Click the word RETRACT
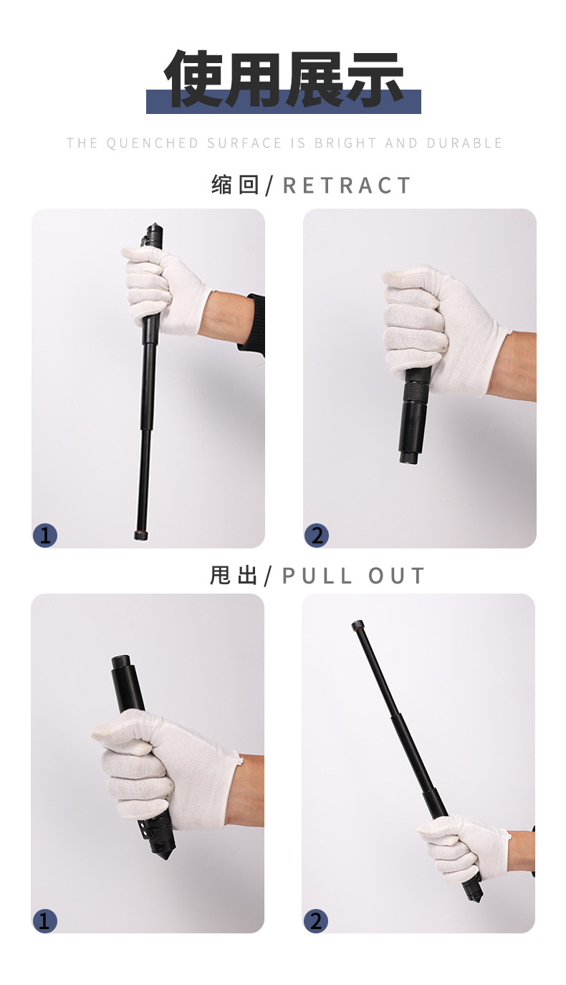pyautogui.click(x=347, y=185)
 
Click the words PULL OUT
pyautogui.click(x=353, y=576)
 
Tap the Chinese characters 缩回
pyautogui.click(x=235, y=185)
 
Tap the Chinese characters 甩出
pyautogui.click(x=234, y=575)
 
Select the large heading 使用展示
pyautogui.click(x=284, y=79)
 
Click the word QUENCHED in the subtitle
pyautogui.click(x=153, y=143)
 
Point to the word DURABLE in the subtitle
pyautogui.click(x=464, y=143)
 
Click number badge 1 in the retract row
pyautogui.click(x=45, y=536)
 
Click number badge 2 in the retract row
pyautogui.click(x=317, y=536)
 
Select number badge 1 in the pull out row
pyautogui.click(x=45, y=921)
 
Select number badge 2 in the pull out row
pyautogui.click(x=316, y=921)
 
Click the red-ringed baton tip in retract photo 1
pyautogui.click(x=142, y=535)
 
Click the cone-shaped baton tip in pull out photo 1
pyautogui.click(x=165, y=850)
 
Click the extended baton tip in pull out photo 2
pyautogui.click(x=358, y=625)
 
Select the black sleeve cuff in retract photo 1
pyautogui.click(x=252, y=323)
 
